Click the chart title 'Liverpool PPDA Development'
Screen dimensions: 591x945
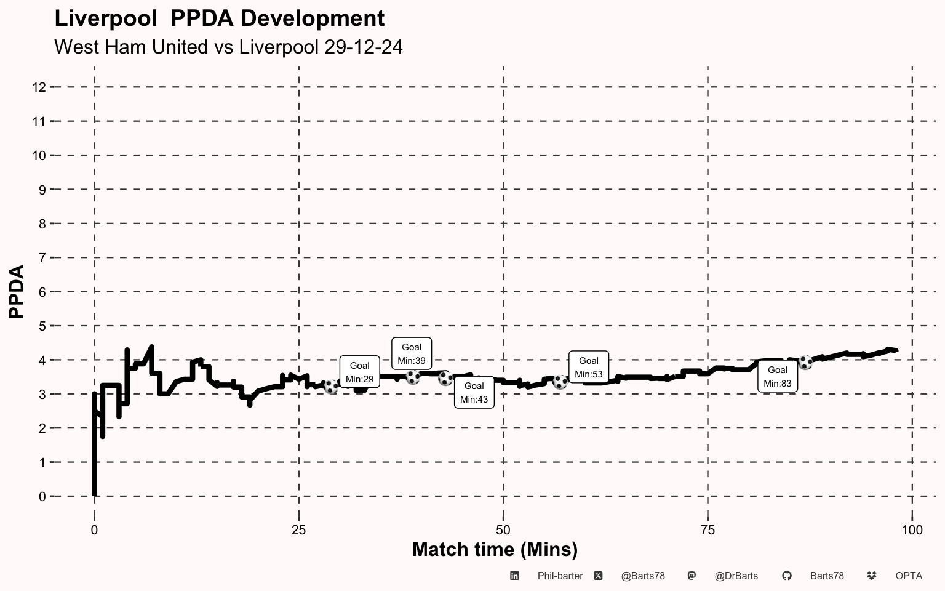pyautogui.click(x=219, y=18)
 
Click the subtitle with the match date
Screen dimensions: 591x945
pyautogui.click(x=228, y=47)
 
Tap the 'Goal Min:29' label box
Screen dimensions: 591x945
pyautogui.click(x=359, y=372)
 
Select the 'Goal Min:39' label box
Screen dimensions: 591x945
pyautogui.click(x=412, y=353)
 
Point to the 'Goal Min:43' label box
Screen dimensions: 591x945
pyautogui.click(x=474, y=392)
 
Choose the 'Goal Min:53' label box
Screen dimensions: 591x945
pyautogui.click(x=588, y=367)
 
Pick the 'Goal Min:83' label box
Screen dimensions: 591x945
pyautogui.click(x=777, y=376)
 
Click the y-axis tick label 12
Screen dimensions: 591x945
pyautogui.click(x=39, y=87)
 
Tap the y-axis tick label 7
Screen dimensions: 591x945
pyautogui.click(x=42, y=258)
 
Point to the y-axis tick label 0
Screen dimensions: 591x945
pyautogui.click(x=42, y=496)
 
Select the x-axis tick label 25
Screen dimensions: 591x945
pyautogui.click(x=298, y=530)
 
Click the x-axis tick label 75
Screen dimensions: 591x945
pyautogui.click(x=708, y=530)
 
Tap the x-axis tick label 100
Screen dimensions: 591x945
pyautogui.click(x=912, y=530)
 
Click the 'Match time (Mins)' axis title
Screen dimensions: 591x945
pyautogui.click(x=495, y=549)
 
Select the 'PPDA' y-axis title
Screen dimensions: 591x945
pyautogui.click(x=17, y=292)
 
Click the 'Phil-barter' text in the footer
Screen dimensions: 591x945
pyautogui.click(x=560, y=576)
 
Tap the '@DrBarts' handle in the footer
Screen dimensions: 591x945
pyautogui.click(x=736, y=576)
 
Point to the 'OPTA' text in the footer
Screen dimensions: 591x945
pyautogui.click(x=909, y=576)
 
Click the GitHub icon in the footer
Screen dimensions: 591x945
pyautogui.click(x=786, y=576)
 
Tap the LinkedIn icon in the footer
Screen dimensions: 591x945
pyautogui.click(x=514, y=576)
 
